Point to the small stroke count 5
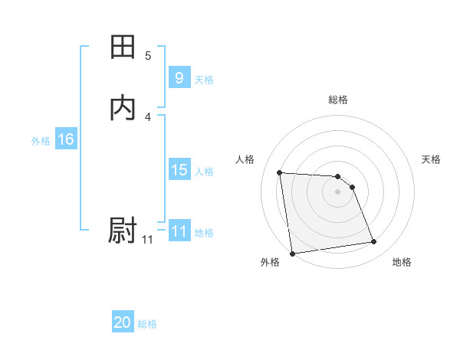148,56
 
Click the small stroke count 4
148,116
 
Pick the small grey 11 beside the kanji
147,240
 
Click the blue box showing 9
179,78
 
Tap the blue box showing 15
179,170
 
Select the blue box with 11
179,231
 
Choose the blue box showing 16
65,139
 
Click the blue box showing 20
123,323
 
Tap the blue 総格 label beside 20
147,324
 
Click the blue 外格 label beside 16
41,141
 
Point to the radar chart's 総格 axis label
338,100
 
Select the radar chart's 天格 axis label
432,159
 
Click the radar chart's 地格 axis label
402,262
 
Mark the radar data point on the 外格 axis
292,253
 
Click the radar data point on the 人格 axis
280,172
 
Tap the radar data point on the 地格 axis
373,242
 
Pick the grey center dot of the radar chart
338,191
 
